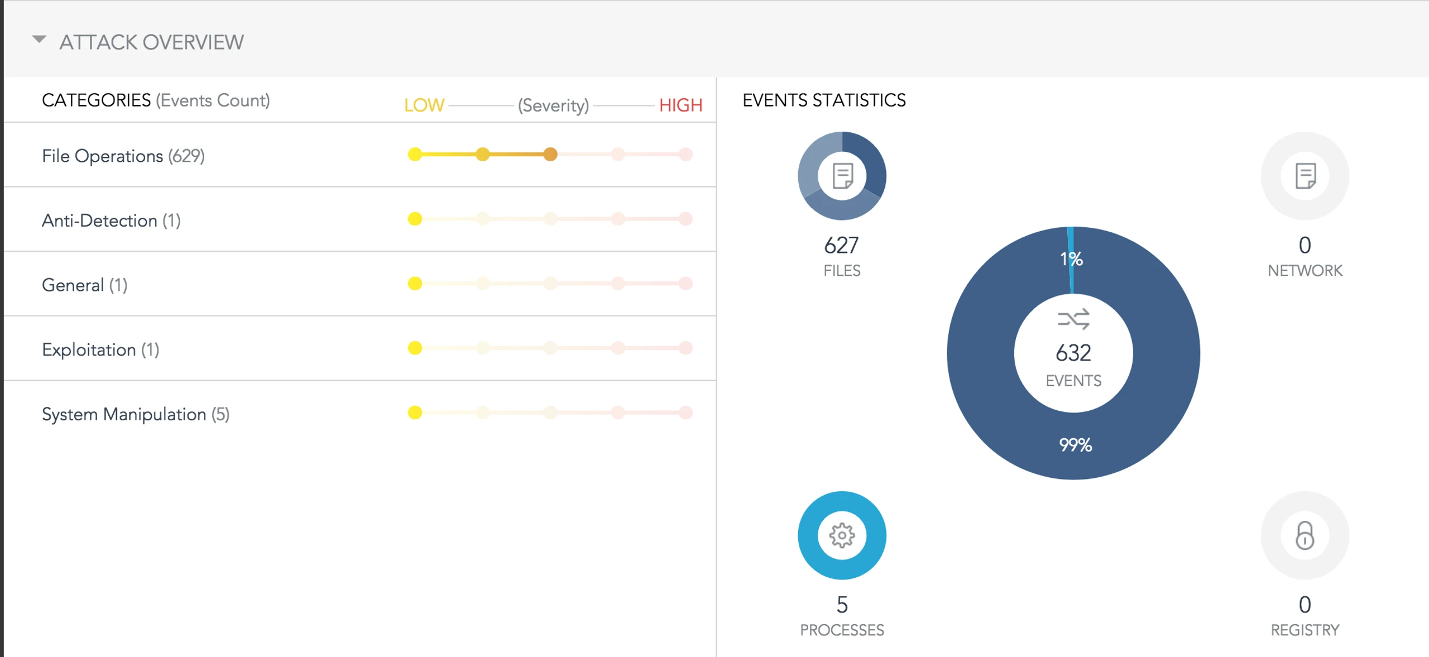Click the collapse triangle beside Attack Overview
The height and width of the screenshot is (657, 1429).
pyautogui.click(x=39, y=40)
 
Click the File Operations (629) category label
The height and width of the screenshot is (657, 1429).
pyautogui.click(x=123, y=156)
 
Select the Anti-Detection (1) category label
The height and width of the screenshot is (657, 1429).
pyautogui.click(x=111, y=220)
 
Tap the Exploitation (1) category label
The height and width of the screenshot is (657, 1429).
pyautogui.click(x=100, y=349)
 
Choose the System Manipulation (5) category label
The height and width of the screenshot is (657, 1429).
pyautogui.click(x=136, y=414)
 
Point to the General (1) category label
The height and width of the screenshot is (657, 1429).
pyautogui.click(x=85, y=285)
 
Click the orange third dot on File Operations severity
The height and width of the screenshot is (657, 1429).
pyautogui.click(x=550, y=154)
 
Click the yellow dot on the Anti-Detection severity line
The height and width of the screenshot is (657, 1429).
pyautogui.click(x=415, y=219)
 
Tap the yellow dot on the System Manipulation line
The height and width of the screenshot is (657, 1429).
pyautogui.click(x=415, y=413)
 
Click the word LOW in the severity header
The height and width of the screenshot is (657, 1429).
pyautogui.click(x=424, y=105)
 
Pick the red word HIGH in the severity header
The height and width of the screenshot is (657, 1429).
pyautogui.click(x=680, y=105)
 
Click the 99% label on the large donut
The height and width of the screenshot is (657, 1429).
pyautogui.click(x=1075, y=445)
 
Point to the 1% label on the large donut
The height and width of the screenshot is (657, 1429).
pyautogui.click(x=1071, y=258)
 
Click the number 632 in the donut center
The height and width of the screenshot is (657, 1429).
pyautogui.click(x=1073, y=353)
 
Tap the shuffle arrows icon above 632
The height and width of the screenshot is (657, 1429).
pyautogui.click(x=1073, y=319)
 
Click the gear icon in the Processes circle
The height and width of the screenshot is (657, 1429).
pyautogui.click(x=842, y=535)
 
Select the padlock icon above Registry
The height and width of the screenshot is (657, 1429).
pyautogui.click(x=1305, y=535)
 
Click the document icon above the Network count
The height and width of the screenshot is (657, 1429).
pyautogui.click(x=1306, y=176)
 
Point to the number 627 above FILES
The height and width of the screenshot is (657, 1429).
pyautogui.click(x=841, y=245)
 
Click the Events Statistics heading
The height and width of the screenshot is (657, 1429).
pyautogui.click(x=824, y=100)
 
